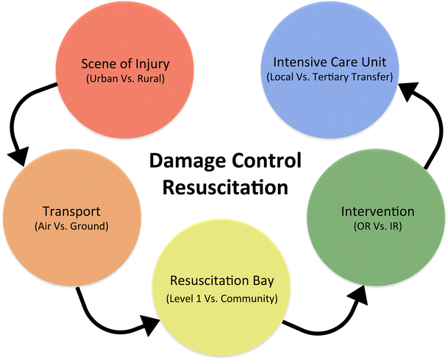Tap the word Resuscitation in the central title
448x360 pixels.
[x=224, y=187]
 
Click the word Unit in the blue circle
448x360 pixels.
[x=374, y=62]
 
